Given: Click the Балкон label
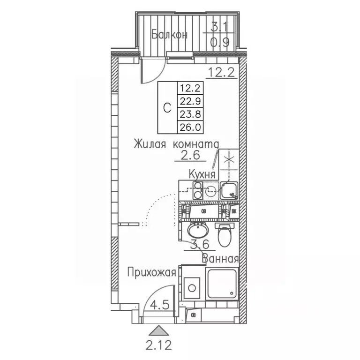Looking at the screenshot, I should pyautogui.click(x=169, y=34).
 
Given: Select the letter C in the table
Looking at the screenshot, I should pyautogui.click(x=166, y=107).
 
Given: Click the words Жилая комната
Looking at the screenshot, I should pyautogui.click(x=176, y=143).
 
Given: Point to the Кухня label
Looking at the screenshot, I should pyautogui.click(x=202, y=174).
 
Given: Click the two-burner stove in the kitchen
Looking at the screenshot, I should pyautogui.click(x=197, y=191).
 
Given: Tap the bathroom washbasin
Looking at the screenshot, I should pyautogui.click(x=197, y=230).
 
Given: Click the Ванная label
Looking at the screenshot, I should pyautogui.click(x=220, y=258).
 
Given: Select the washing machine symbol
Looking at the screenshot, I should pyautogui.click(x=192, y=286).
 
